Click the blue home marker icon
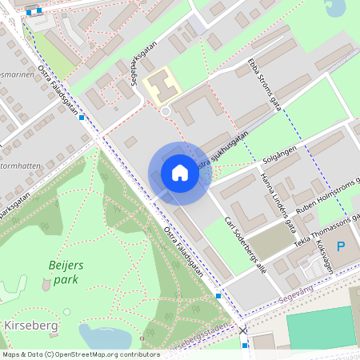(180, 173)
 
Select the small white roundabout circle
(166, 111)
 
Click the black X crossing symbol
(242, 330)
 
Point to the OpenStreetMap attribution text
(81, 354)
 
